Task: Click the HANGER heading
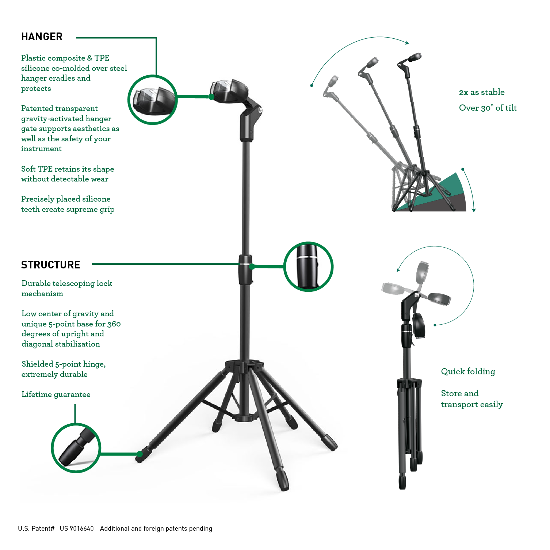42,37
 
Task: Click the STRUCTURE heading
51,265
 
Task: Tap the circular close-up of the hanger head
153,100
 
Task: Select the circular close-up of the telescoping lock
309,267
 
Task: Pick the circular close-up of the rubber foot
76,448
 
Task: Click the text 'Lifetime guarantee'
56,394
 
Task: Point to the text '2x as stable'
482,92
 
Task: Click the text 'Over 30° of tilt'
488,108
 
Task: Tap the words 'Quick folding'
468,372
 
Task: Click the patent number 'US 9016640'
77,528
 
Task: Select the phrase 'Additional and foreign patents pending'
156,528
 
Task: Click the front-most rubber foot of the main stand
283,480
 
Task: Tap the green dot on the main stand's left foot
139,454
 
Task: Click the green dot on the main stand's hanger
211,97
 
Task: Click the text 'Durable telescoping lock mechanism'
67,289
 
